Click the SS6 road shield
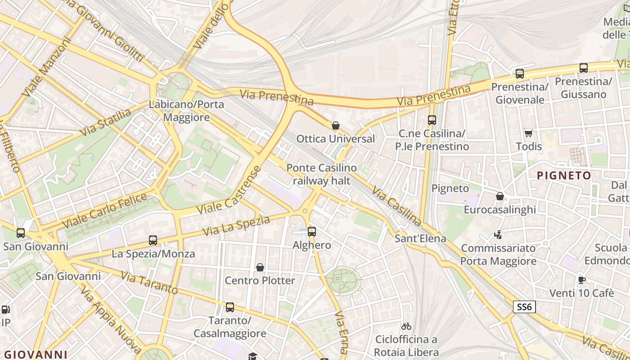pyautogui.click(x=524, y=307)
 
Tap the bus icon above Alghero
pyautogui.click(x=312, y=232)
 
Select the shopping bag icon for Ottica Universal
pyautogui.click(x=335, y=126)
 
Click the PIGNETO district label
pyautogui.click(x=564, y=175)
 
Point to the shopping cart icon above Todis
pyautogui.click(x=529, y=133)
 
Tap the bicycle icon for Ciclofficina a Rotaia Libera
pyautogui.click(x=406, y=326)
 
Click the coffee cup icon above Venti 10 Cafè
pyautogui.click(x=581, y=280)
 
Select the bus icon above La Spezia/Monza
pyautogui.click(x=153, y=240)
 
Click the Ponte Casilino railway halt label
pyautogui.click(x=321, y=174)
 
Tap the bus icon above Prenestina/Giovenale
pyautogui.click(x=520, y=74)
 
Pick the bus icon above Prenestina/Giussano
pyautogui.click(x=584, y=68)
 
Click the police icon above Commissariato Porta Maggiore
pyautogui.click(x=498, y=235)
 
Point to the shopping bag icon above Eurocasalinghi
pyautogui.click(x=499, y=197)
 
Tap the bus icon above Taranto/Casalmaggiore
pyautogui.click(x=230, y=308)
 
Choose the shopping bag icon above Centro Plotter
pyautogui.click(x=260, y=268)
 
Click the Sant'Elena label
pyautogui.click(x=420, y=238)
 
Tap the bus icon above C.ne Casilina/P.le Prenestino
pyautogui.click(x=432, y=120)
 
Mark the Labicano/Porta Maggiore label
pyautogui.click(x=186, y=111)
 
